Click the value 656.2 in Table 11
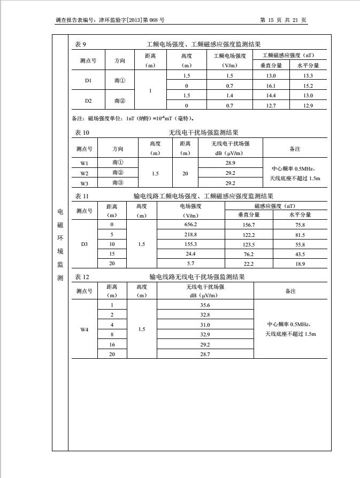190,225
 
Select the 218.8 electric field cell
190,235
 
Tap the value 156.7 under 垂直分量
249,225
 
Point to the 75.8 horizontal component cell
300,225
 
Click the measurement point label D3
84,244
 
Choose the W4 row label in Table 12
84,329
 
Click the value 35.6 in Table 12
205,305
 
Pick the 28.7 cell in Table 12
205,354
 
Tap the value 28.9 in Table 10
231,163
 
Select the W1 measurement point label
85,163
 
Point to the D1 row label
88,81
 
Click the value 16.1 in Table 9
271,86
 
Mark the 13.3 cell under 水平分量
308,76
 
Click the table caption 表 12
82,277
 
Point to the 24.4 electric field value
190,254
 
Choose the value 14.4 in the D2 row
271,96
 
